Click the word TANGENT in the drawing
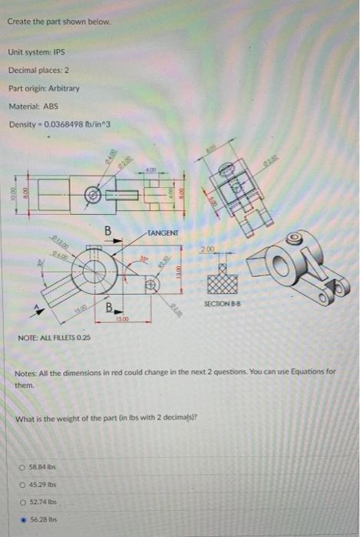(162, 232)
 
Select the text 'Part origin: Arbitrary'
(36, 88)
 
